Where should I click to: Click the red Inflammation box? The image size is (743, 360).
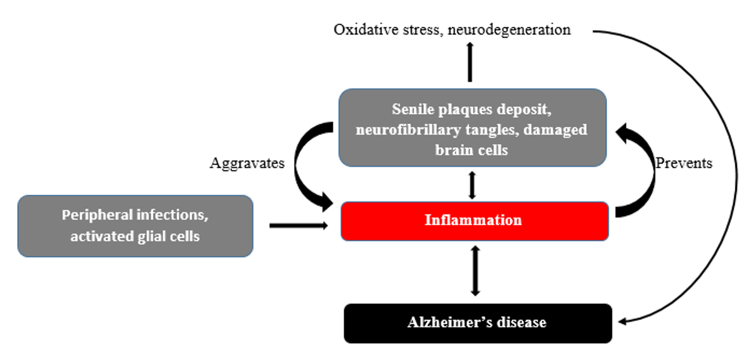tap(474, 221)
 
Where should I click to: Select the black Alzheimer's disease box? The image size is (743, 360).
tap(477, 323)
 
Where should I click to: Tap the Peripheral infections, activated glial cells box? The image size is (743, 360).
tap(135, 226)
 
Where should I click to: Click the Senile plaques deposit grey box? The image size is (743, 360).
tap(472, 128)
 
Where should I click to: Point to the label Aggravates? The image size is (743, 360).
tap(247, 163)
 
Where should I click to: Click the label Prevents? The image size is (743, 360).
tap(684, 163)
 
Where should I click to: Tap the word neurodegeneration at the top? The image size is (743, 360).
tap(509, 29)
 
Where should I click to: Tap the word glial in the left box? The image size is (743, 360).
tap(144, 237)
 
